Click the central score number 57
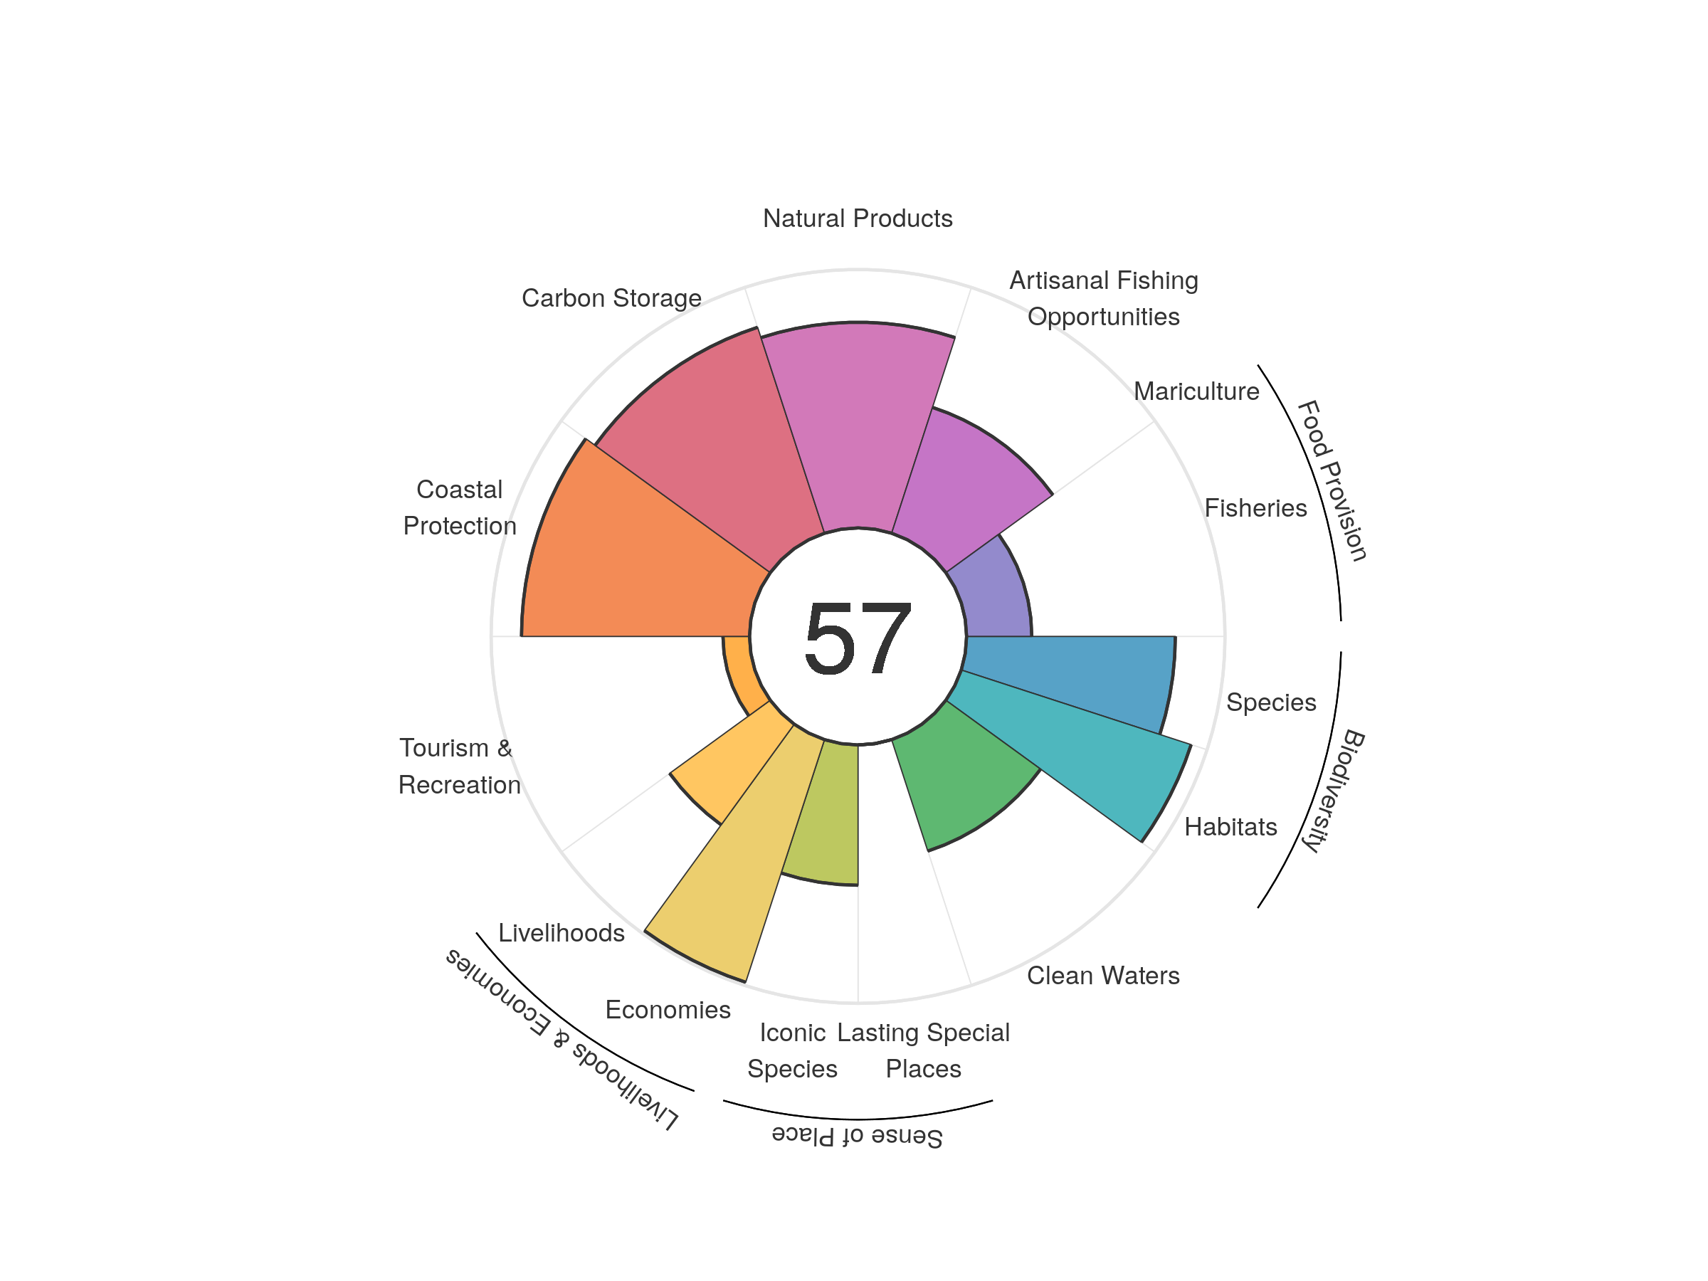857,638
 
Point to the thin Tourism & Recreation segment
737,668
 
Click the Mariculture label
1196,391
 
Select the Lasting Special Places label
923,1050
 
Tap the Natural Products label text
857,218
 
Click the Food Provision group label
1332,480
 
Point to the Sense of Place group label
857,1136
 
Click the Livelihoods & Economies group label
562,1039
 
